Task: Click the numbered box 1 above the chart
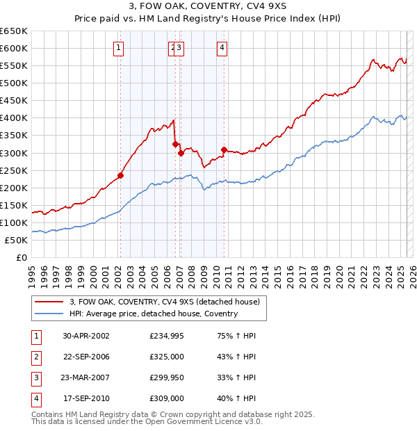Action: (x=120, y=48)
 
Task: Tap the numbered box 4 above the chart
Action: (x=222, y=48)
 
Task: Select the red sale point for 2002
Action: (x=120, y=175)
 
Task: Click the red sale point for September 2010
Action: (x=224, y=149)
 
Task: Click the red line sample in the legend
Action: (x=49, y=302)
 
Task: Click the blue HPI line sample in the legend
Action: (x=49, y=314)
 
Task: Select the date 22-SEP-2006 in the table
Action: (x=86, y=357)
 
